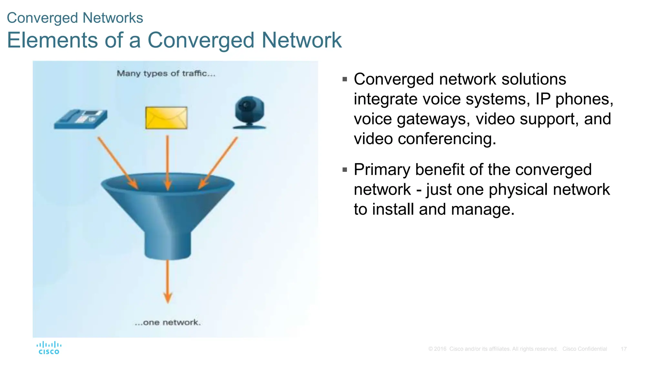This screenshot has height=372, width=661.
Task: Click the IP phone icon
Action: [x=81, y=119]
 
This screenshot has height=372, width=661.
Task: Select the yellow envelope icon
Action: [x=166, y=118]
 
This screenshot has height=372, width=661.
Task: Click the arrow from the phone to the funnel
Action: [x=118, y=163]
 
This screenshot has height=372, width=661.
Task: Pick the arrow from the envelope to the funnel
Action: [x=167, y=161]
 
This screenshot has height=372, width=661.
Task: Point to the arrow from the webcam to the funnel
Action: [x=219, y=163]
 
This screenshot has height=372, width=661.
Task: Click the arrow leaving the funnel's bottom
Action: [x=168, y=281]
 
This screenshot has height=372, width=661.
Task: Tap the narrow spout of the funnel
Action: [x=168, y=245]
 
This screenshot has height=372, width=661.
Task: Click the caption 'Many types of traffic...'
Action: [x=166, y=74]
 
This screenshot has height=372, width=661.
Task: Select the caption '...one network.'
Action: [x=168, y=322]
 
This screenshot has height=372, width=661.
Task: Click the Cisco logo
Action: [x=49, y=348]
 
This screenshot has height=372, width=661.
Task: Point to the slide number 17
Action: [x=624, y=349]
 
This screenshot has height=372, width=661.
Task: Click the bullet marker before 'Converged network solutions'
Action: [x=345, y=79]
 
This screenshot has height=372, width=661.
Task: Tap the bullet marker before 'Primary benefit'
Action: [x=345, y=170]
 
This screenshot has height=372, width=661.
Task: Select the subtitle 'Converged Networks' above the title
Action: [x=75, y=18]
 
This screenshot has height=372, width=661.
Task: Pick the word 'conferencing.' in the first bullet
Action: [x=447, y=139]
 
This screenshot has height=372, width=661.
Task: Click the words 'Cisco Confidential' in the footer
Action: [x=585, y=349]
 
